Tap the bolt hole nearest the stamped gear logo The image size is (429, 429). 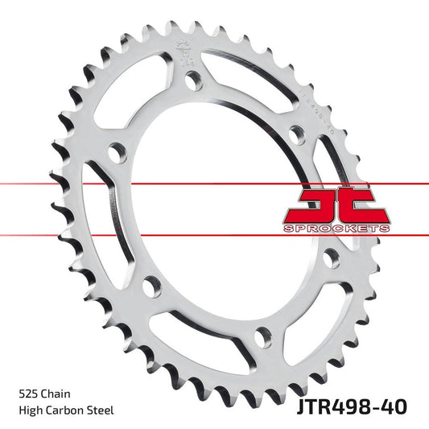pyautogui.click(x=193, y=80)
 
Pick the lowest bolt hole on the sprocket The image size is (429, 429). pyautogui.click(x=259, y=334)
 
